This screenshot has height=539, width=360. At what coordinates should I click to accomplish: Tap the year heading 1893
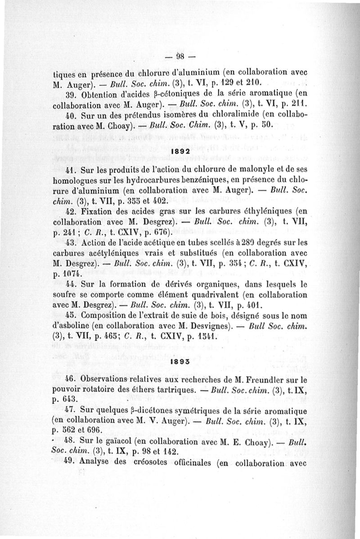(x=180, y=361)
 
